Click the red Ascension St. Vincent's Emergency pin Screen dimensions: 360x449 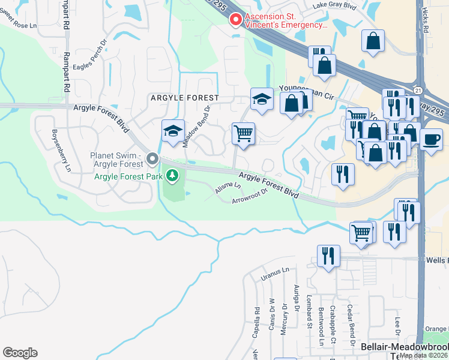[x=236, y=20]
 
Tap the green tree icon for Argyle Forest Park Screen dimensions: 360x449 [x=173, y=176]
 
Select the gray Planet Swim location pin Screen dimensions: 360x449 [x=152, y=160]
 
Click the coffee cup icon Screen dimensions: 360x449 [x=431, y=139]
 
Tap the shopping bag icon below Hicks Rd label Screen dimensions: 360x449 [x=373, y=41]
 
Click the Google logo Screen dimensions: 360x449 [x=20, y=352]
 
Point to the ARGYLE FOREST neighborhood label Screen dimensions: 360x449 [x=184, y=97]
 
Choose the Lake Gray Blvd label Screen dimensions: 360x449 [x=336, y=7]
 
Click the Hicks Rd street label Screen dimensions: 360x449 [x=426, y=20]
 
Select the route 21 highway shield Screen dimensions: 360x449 [x=417, y=89]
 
